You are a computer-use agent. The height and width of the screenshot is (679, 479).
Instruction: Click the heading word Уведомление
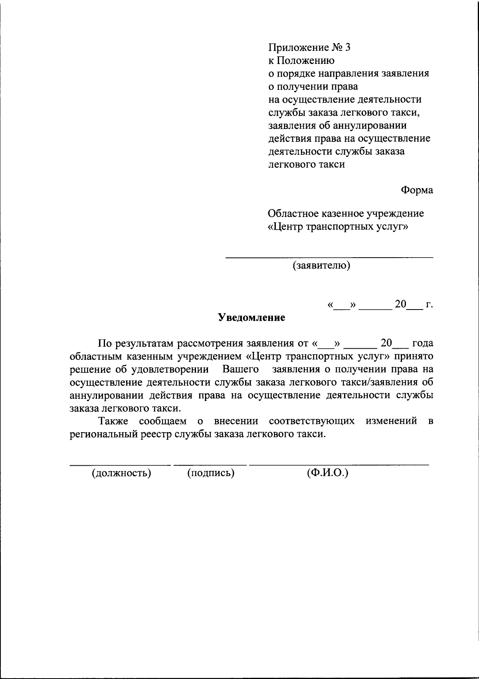[x=251, y=318]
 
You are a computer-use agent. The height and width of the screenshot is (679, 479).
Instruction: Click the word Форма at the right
[x=417, y=191]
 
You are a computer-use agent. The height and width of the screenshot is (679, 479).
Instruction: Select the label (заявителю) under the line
[x=322, y=266]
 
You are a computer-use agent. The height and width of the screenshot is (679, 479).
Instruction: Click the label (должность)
[x=121, y=473]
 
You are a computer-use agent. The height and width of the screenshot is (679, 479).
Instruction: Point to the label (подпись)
[x=210, y=473]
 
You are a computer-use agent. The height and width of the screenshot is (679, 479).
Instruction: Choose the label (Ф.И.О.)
[x=327, y=473]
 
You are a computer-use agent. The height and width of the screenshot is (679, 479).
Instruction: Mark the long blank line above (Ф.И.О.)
[x=339, y=465]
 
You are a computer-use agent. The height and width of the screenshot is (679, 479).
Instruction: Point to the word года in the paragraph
[x=422, y=343]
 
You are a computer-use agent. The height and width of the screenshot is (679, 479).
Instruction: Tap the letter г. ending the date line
[x=429, y=305]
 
